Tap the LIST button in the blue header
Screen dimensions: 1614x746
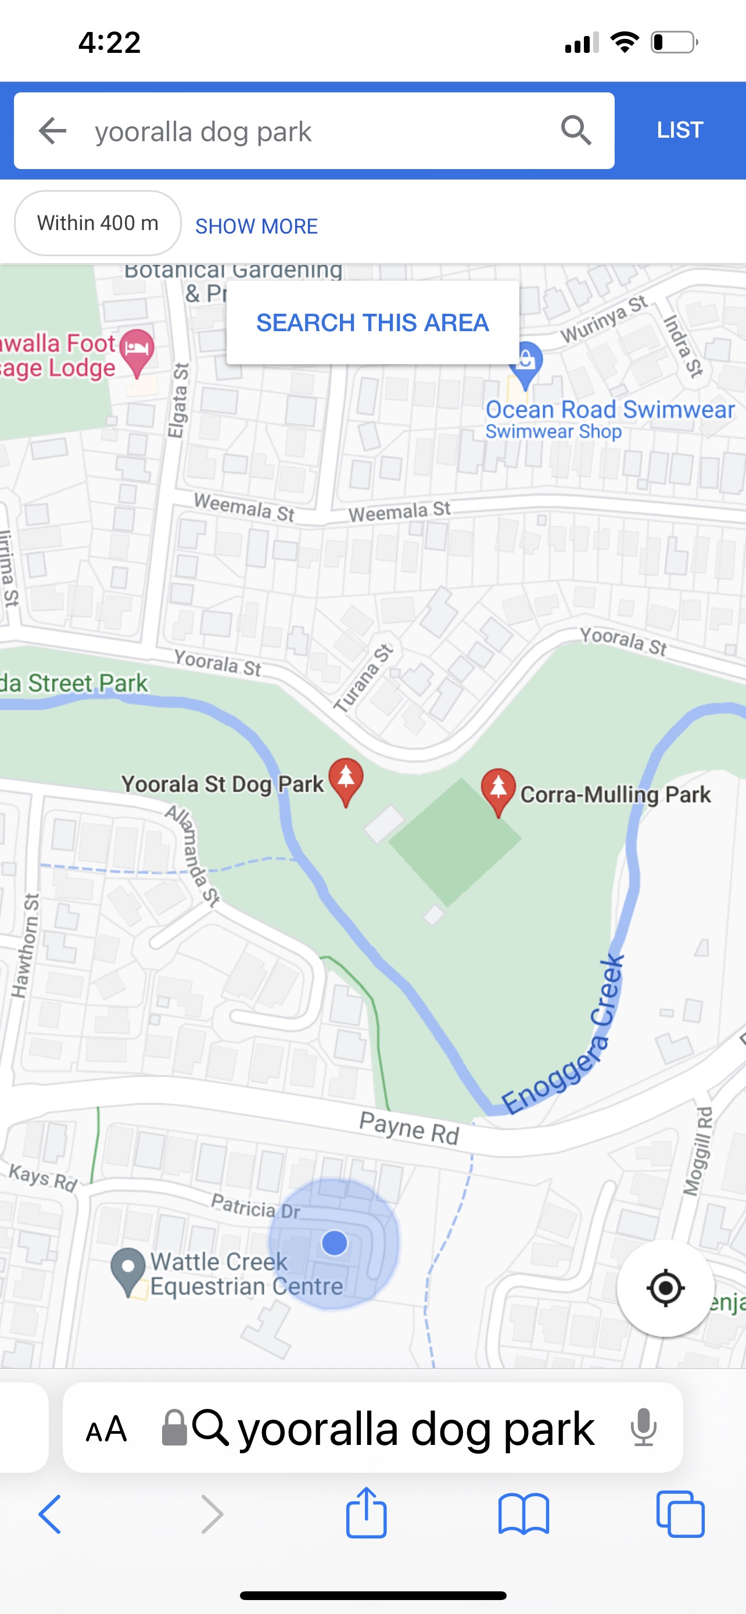(x=680, y=130)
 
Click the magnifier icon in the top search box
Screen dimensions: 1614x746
(x=576, y=130)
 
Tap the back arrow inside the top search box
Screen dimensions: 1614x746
(x=53, y=130)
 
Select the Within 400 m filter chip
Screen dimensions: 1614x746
(x=98, y=223)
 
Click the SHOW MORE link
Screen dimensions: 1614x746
(x=256, y=226)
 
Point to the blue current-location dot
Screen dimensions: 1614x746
(x=335, y=1242)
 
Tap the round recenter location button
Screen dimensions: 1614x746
(x=665, y=1288)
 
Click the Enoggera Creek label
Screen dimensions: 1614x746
(x=564, y=1040)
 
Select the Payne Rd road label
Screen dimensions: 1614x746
(x=409, y=1128)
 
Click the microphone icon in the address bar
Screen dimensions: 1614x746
(x=643, y=1428)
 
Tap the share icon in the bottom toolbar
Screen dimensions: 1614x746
(x=367, y=1512)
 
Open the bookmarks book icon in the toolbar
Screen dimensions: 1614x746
(x=523, y=1513)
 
